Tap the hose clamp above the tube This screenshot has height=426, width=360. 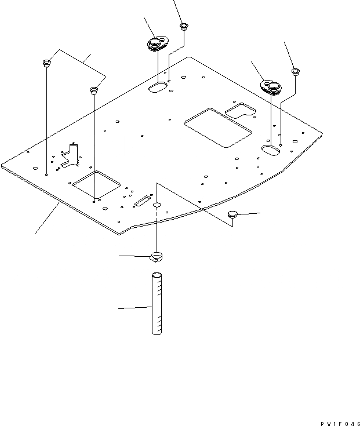coord(157,256)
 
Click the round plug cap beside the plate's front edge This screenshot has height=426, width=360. coord(233,214)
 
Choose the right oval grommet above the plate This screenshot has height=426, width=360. coord(270,87)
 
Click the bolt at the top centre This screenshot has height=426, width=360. coord(184,26)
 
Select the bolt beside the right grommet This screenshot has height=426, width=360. coord(295,72)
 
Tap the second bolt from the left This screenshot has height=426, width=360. coord(93,90)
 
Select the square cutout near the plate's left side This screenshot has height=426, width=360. coord(97,184)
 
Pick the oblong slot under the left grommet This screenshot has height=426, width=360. coord(157,88)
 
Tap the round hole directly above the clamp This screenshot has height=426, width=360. coord(157,205)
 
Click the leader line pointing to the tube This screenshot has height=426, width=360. coord(134,307)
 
